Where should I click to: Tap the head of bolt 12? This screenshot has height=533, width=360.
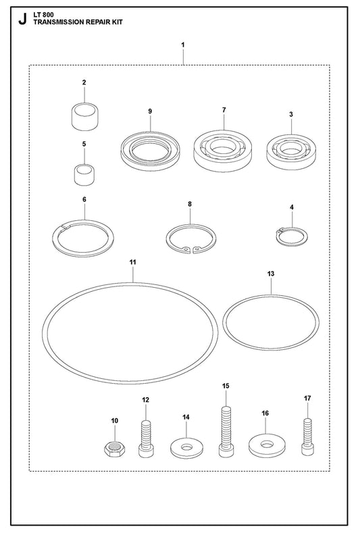(x=146, y=450)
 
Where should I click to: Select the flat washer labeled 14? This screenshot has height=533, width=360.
(x=186, y=448)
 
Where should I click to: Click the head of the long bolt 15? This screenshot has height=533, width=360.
(x=226, y=451)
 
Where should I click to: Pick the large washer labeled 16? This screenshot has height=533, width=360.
(x=267, y=445)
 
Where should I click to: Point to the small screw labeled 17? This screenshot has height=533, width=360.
(x=307, y=437)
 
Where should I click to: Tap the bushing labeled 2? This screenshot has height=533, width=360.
(x=84, y=116)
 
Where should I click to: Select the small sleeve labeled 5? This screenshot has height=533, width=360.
(x=84, y=175)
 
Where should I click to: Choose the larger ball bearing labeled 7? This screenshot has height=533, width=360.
(x=224, y=151)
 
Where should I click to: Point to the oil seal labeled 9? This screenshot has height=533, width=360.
(x=150, y=150)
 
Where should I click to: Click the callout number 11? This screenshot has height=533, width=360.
(x=132, y=262)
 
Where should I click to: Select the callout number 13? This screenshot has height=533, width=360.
(x=271, y=274)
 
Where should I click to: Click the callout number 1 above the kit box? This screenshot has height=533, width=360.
(x=183, y=45)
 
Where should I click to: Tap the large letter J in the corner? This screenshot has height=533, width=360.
(x=22, y=20)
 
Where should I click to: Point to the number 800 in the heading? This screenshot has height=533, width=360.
(x=48, y=15)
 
